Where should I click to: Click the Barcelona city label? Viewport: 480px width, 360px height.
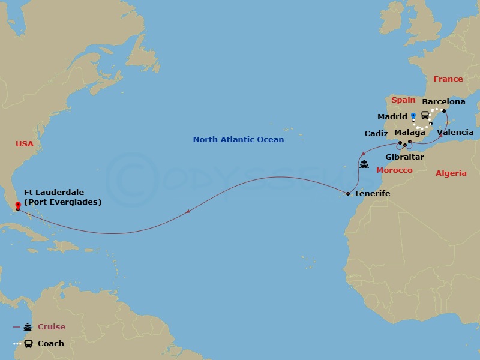click(x=444, y=102)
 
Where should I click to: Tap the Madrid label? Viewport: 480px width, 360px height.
click(x=392, y=116)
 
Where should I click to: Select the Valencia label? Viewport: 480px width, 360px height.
click(x=455, y=132)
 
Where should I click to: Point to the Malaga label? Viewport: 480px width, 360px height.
click(x=410, y=132)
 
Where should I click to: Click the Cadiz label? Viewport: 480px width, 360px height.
click(x=376, y=133)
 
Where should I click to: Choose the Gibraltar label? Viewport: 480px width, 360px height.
click(x=404, y=157)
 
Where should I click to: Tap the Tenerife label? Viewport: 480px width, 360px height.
click(x=372, y=194)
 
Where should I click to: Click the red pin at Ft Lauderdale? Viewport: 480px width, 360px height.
click(x=17, y=205)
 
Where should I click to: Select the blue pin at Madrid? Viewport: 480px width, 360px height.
click(x=413, y=115)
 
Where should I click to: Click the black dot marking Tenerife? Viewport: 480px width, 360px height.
click(x=348, y=194)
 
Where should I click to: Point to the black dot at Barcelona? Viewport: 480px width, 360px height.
click(x=444, y=111)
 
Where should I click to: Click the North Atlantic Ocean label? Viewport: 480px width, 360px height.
click(x=238, y=140)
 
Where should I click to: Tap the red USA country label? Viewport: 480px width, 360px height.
click(x=25, y=144)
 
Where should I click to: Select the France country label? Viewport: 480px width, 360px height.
click(x=448, y=79)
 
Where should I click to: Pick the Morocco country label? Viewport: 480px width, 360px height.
click(x=394, y=170)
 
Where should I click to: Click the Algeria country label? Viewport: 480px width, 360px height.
click(x=451, y=173)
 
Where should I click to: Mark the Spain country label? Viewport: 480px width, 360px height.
click(x=403, y=100)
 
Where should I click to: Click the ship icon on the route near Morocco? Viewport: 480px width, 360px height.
click(x=364, y=163)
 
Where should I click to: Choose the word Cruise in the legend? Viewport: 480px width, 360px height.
click(x=52, y=327)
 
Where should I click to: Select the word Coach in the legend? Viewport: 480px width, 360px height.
click(x=51, y=344)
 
